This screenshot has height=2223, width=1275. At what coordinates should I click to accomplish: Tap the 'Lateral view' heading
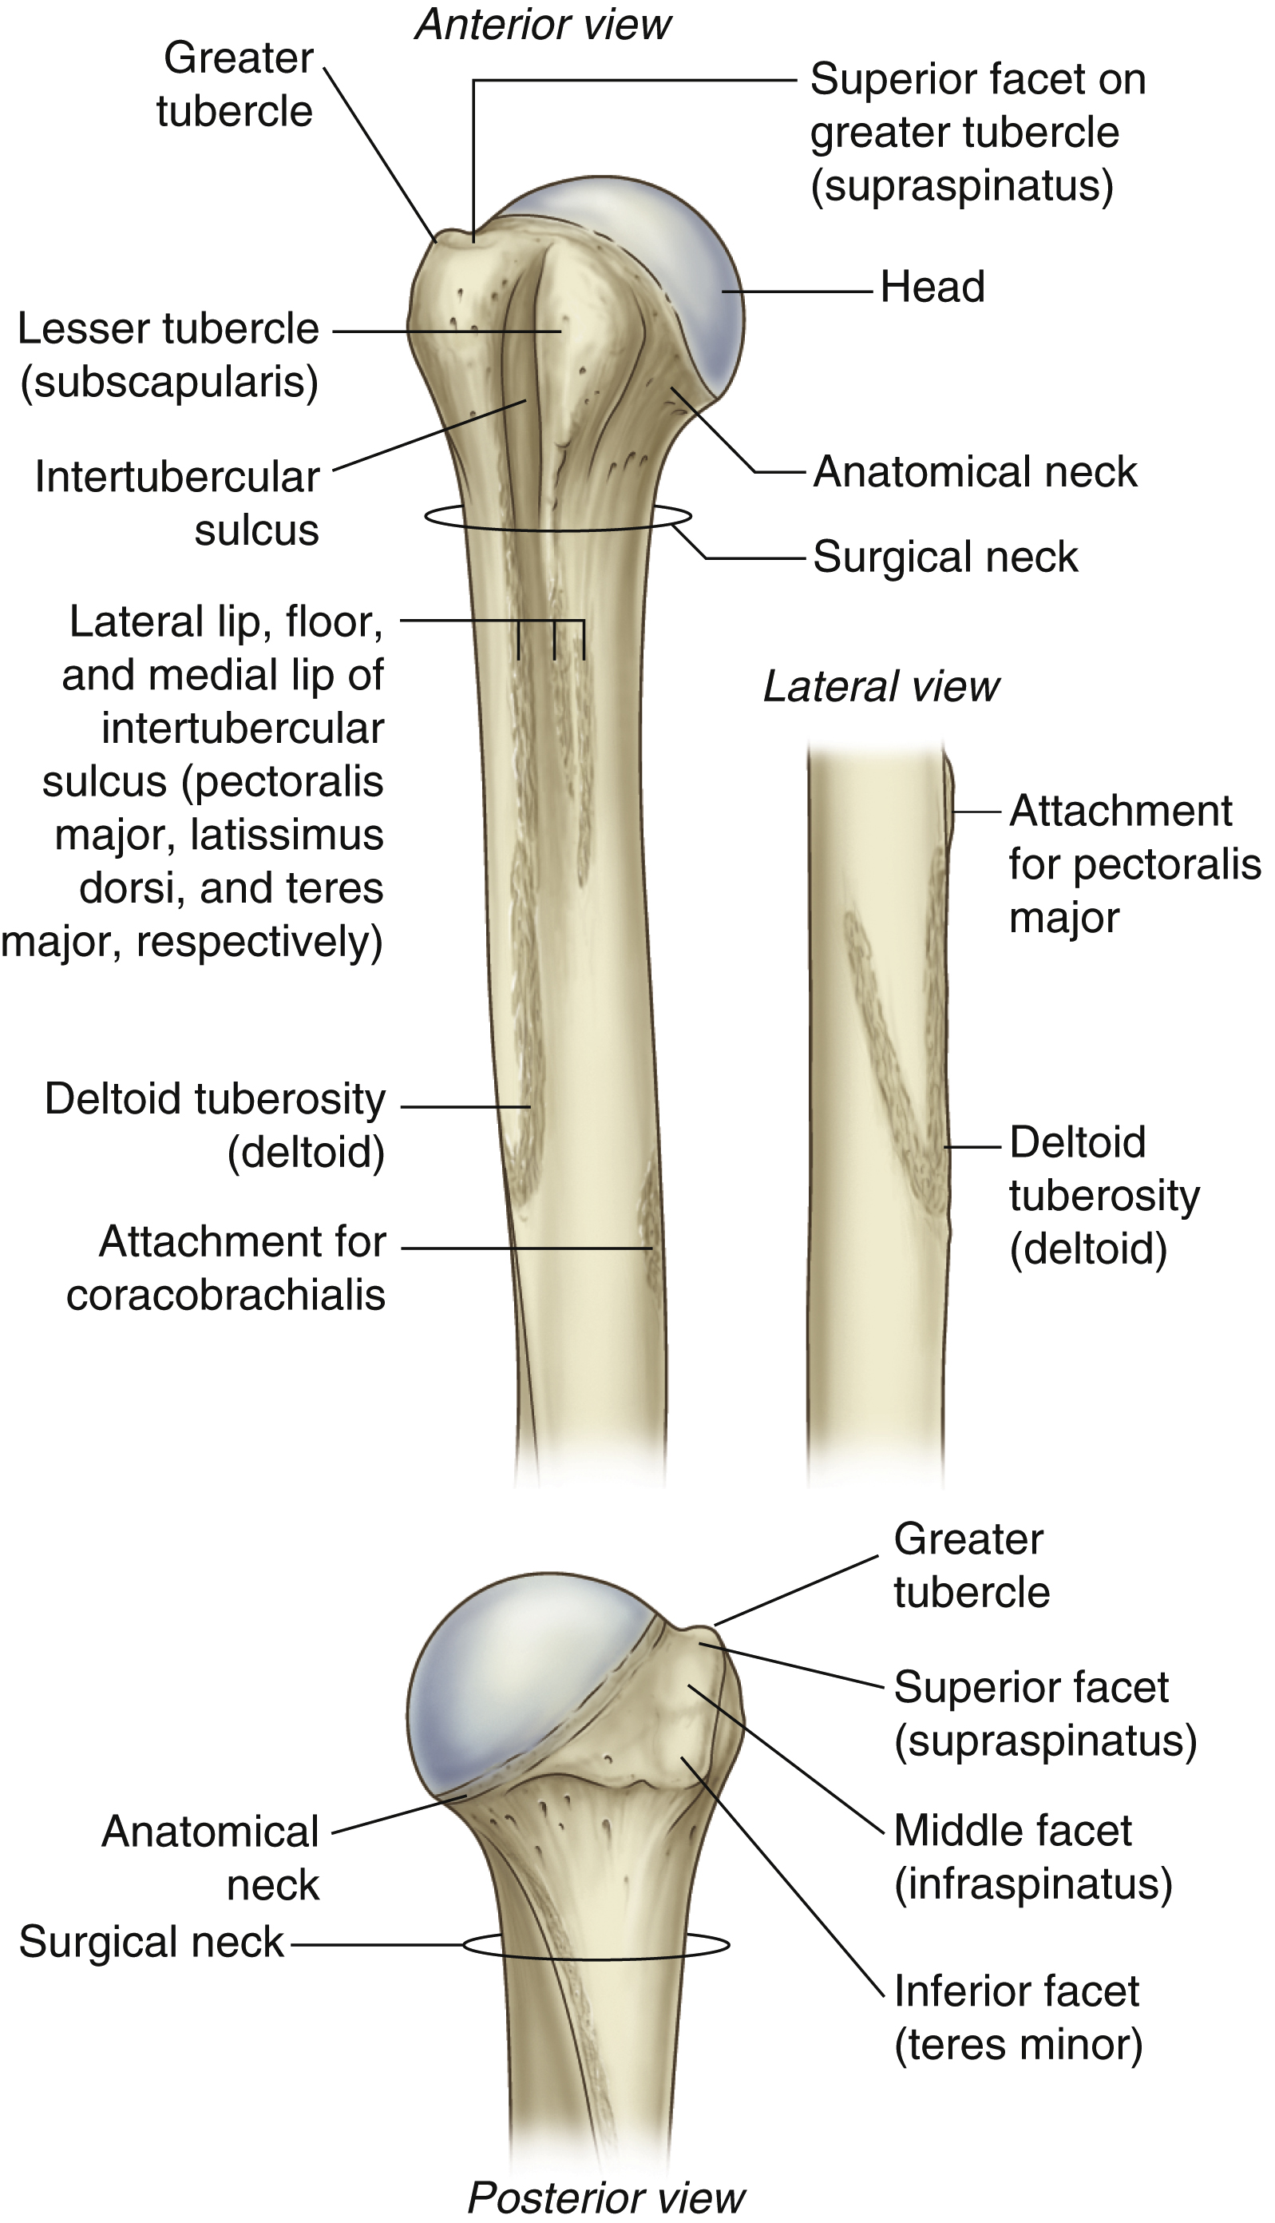click(881, 687)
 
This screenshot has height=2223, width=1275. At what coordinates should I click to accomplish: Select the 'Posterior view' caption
click(606, 2197)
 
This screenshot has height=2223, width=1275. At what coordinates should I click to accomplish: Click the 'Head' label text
click(932, 288)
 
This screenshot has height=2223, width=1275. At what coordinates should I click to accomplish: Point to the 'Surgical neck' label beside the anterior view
click(946, 557)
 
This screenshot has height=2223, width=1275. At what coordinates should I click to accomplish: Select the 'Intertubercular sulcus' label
click(178, 504)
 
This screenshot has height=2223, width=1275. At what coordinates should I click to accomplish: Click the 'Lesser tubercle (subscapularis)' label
click(169, 355)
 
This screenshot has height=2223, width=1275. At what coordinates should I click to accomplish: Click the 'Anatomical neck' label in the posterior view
click(211, 1857)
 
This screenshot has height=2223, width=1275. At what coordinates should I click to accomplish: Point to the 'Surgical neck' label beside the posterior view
click(152, 1942)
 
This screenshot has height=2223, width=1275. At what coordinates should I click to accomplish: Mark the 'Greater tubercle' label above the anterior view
click(235, 85)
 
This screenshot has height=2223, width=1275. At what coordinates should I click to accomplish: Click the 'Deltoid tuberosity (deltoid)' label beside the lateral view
click(1103, 1195)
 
